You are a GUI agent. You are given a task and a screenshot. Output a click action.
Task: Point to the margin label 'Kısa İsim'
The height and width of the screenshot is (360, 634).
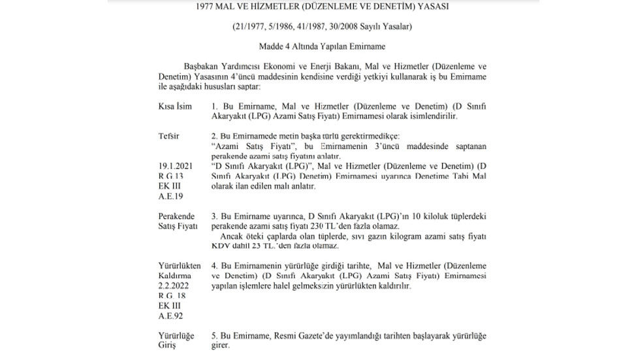click(175, 106)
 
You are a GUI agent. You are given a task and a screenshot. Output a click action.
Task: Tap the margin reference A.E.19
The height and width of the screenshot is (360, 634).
click(171, 195)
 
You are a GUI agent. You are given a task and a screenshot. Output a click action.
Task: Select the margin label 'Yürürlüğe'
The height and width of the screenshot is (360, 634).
click(176, 335)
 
